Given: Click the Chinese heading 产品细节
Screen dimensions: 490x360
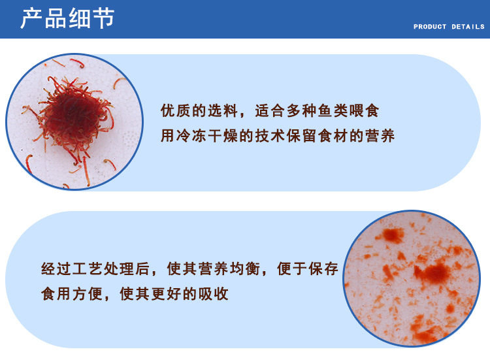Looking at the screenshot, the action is [67, 18].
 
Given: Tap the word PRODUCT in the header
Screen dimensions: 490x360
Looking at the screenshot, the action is [430, 27].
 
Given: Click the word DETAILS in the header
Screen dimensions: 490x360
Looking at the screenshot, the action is [468, 27].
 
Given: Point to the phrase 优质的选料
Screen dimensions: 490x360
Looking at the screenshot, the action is [199, 110].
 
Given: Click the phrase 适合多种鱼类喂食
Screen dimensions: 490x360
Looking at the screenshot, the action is [317, 110].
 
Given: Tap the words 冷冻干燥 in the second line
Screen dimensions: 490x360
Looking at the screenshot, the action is [207, 136].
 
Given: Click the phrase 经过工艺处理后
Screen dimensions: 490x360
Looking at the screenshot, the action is [95, 269].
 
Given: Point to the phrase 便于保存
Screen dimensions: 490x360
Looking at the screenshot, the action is [308, 269].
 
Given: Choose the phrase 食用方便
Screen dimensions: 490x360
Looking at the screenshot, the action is [72, 294].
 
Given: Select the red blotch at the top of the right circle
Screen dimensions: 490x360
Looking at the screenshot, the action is [393, 235].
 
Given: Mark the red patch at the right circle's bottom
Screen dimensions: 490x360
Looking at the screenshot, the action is [425, 332].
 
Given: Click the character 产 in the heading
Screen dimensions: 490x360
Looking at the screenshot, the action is [31, 18].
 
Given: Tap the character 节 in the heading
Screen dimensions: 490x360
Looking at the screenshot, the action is [104, 18].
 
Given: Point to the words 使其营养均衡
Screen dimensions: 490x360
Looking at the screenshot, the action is [213, 269].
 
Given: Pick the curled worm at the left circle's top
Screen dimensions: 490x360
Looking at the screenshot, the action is [78, 63].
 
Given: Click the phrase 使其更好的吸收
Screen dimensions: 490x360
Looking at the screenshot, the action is [174, 294].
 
